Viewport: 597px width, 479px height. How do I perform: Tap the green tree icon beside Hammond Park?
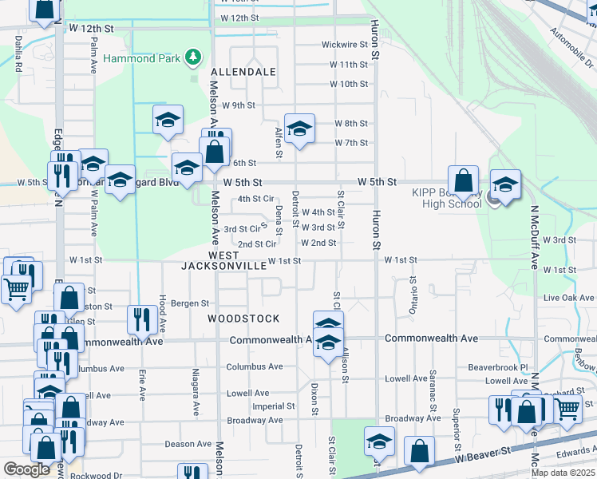(192, 57)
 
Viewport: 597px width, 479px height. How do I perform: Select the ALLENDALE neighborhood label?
(243, 72)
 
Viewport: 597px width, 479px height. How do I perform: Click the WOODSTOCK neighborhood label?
(243, 318)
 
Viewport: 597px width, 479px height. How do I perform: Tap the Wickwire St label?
(344, 45)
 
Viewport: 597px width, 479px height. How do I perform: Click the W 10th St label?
(348, 84)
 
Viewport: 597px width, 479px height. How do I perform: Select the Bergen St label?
(189, 303)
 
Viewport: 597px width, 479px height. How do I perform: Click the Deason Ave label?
(188, 444)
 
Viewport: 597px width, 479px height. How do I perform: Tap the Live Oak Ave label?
(569, 298)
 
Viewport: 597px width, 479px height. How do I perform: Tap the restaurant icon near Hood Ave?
(142, 319)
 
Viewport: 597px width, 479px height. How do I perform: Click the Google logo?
(26, 469)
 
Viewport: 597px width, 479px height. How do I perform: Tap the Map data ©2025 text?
(563, 473)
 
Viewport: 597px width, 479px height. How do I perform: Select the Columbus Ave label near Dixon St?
(254, 367)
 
